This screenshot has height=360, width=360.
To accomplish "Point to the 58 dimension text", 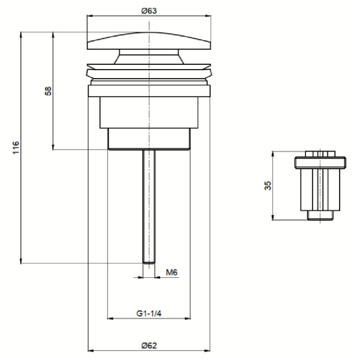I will pyautogui.click(x=49, y=90).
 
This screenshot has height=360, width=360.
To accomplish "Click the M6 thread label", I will pyautogui.click(x=171, y=272).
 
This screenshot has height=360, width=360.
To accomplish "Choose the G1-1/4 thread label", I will pyautogui.click(x=148, y=313).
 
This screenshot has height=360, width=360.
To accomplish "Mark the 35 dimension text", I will pyautogui.click(x=268, y=185).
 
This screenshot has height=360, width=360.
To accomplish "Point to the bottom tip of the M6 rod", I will pyautogui.click(x=149, y=261).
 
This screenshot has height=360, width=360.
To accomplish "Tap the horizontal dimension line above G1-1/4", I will pyautogui.click(x=148, y=319).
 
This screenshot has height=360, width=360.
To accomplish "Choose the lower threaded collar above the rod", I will pyautogui.click(x=149, y=139).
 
